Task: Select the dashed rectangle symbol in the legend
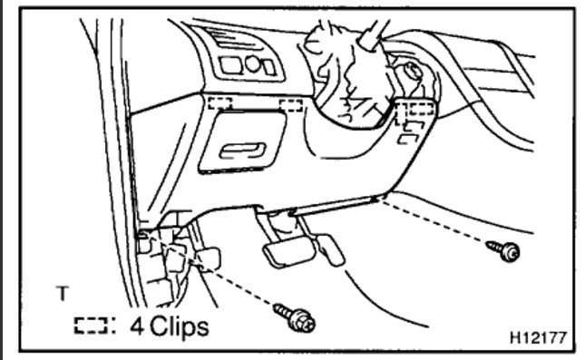pyautogui.click(x=91, y=325)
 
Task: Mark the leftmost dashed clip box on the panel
pyautogui.click(x=219, y=102)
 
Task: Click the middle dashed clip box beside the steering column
pyautogui.click(x=291, y=103)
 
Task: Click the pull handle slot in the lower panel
pyautogui.click(x=241, y=151)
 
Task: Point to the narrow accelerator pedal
pyautogui.click(x=329, y=246)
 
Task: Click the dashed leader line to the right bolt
pyautogui.click(x=435, y=220)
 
